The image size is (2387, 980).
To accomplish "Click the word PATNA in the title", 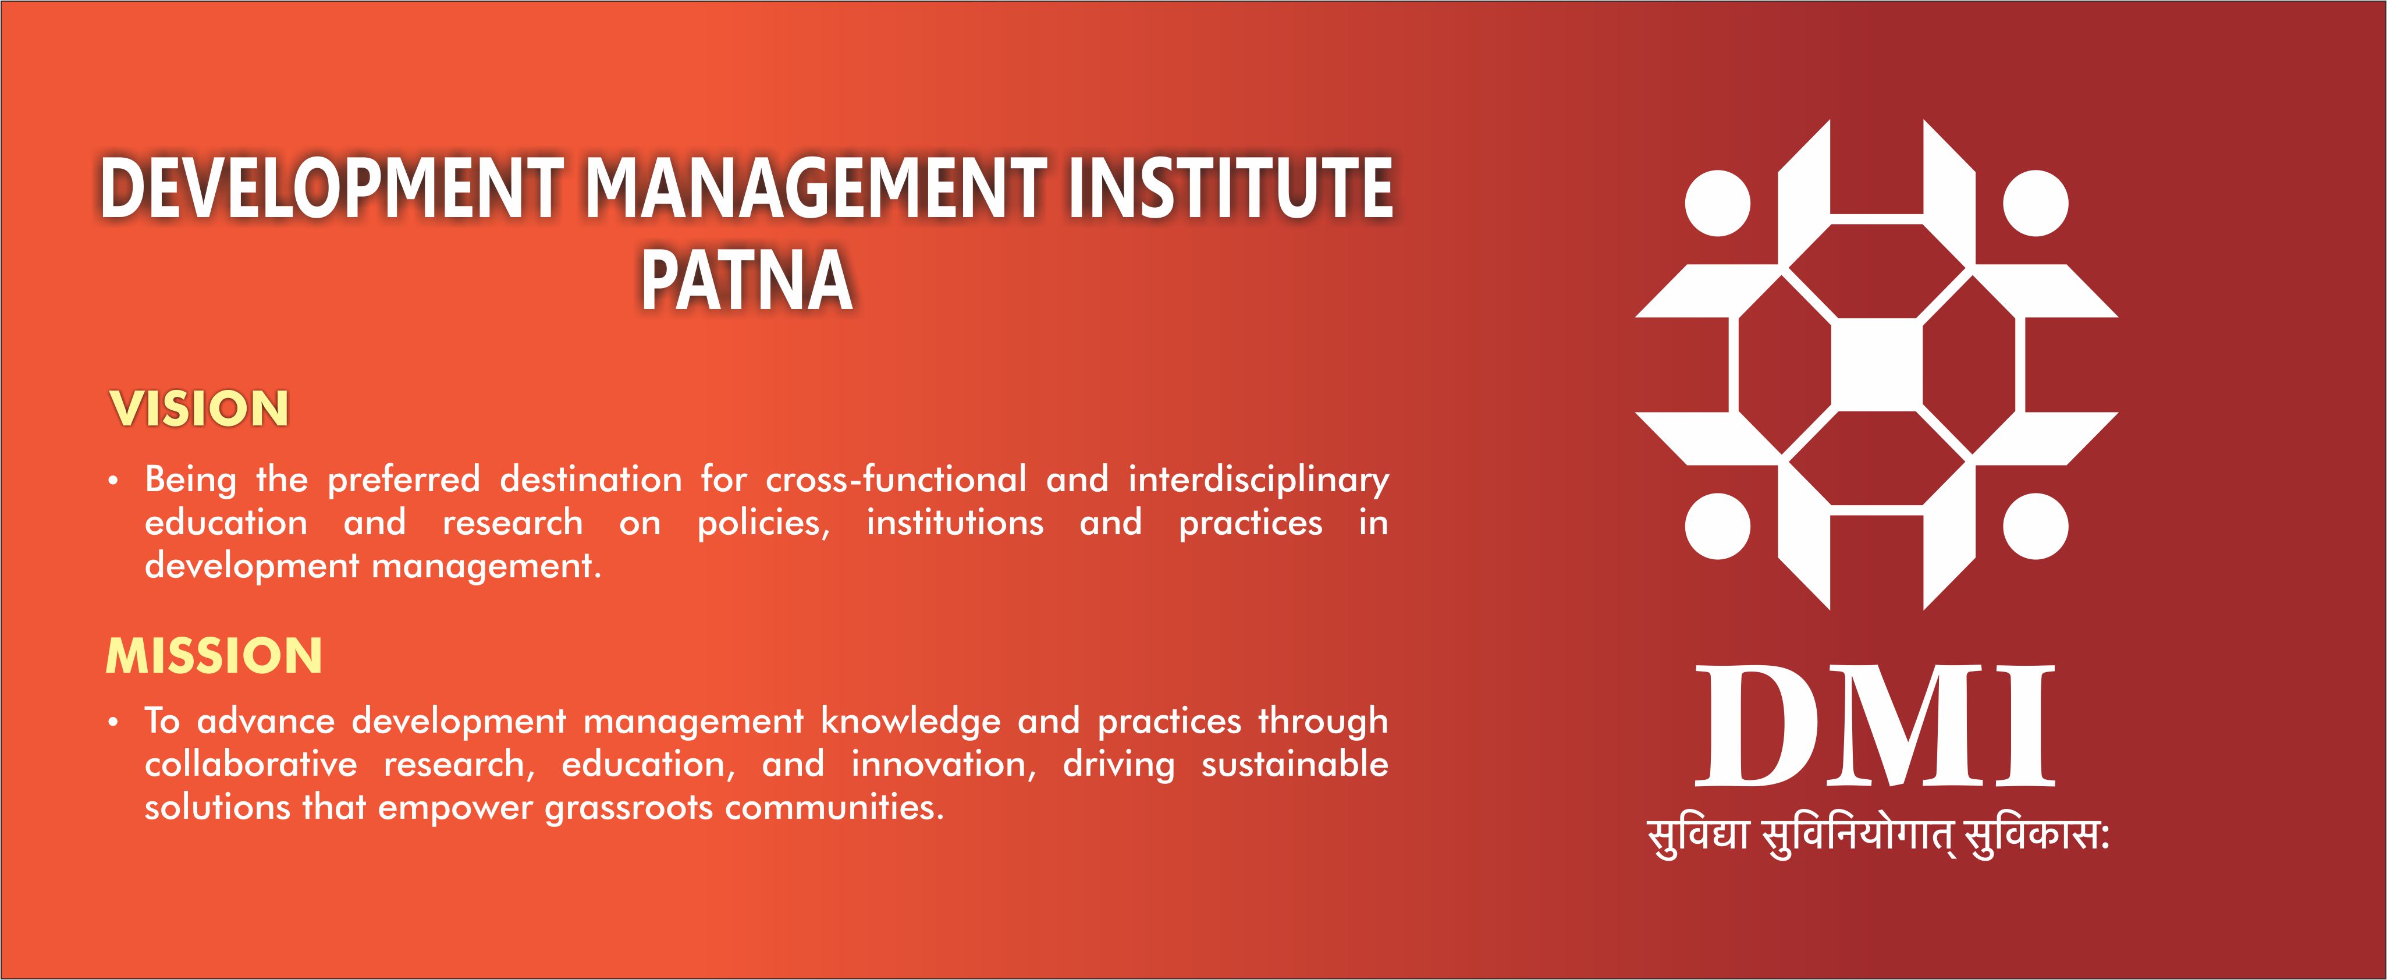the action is [x=747, y=280].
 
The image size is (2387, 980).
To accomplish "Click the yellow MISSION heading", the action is [x=214, y=656].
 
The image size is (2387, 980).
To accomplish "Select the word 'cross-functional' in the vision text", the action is [x=896, y=479].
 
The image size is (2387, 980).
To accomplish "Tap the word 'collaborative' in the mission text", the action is [x=250, y=764].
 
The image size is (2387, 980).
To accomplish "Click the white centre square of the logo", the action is [x=1877, y=365].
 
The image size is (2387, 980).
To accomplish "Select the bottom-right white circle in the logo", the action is [x=2036, y=526].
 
